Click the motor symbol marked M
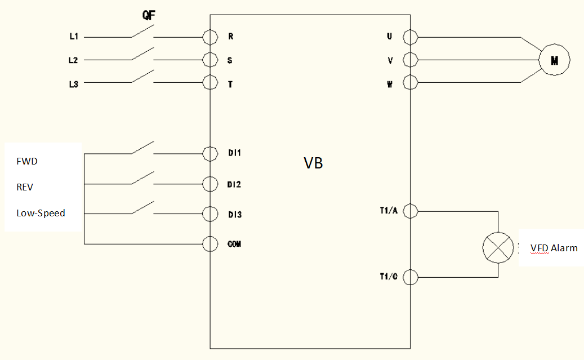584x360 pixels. tap(554, 60)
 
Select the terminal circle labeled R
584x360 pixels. tap(210, 37)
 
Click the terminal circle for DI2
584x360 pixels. tap(210, 184)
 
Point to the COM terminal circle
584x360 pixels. tap(210, 244)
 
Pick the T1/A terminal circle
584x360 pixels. tap(411, 211)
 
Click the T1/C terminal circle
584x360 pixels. tap(411, 277)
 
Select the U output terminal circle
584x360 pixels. tap(411, 37)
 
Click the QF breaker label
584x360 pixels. tap(149, 15)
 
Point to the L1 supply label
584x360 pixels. tap(74, 37)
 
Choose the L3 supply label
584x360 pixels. tap(74, 85)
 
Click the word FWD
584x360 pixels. tap(26, 161)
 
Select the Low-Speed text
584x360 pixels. tap(41, 213)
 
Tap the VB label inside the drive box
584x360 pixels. tap(313, 163)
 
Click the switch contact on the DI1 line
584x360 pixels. tap(142, 148)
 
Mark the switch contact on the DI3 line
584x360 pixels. tap(142, 208)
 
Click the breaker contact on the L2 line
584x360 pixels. tap(142, 54)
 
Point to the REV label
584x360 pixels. tap(25, 187)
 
